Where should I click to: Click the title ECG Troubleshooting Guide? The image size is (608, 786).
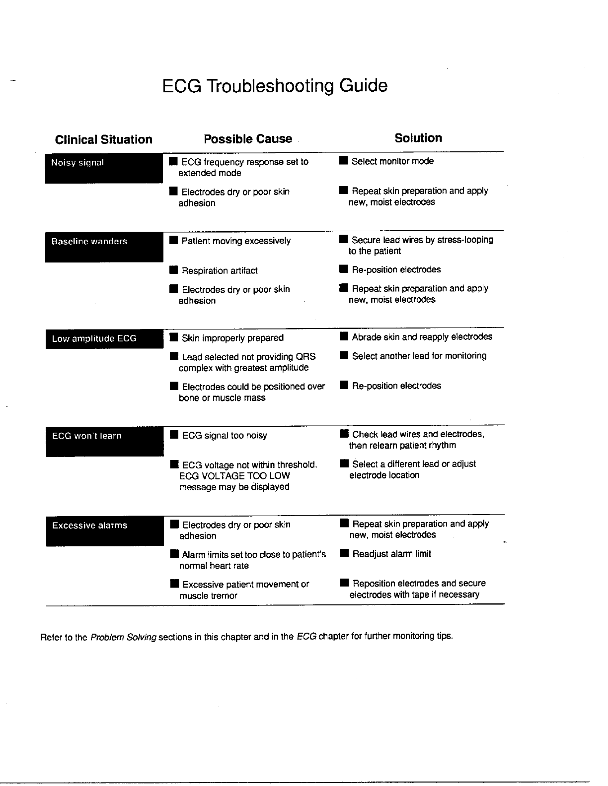click(x=275, y=86)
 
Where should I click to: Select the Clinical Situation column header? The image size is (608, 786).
click(x=103, y=139)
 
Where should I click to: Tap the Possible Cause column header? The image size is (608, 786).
click(x=248, y=139)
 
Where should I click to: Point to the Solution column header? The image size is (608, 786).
click(x=418, y=138)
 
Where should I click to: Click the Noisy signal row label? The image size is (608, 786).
click(x=78, y=163)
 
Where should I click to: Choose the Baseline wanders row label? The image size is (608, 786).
click(x=89, y=242)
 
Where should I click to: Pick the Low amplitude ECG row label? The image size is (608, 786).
click(x=94, y=339)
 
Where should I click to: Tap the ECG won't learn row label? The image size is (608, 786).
click(x=87, y=436)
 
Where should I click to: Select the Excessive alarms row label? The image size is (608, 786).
click(x=90, y=525)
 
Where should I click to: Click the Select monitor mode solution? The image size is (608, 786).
click(x=392, y=161)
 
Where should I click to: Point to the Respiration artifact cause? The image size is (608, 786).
click(x=220, y=271)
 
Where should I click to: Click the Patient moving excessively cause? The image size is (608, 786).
click(x=236, y=241)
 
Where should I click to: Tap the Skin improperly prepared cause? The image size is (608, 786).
click(x=232, y=338)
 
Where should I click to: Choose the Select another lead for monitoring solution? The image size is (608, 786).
click(x=419, y=356)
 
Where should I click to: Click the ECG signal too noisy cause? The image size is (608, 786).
click(x=225, y=436)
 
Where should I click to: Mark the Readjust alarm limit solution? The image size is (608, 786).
click(x=391, y=554)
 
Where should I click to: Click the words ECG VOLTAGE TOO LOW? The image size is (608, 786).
click(x=234, y=476)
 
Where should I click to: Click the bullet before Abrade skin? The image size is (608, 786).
click(x=344, y=337)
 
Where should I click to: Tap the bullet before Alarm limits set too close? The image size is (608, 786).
click(x=174, y=554)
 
